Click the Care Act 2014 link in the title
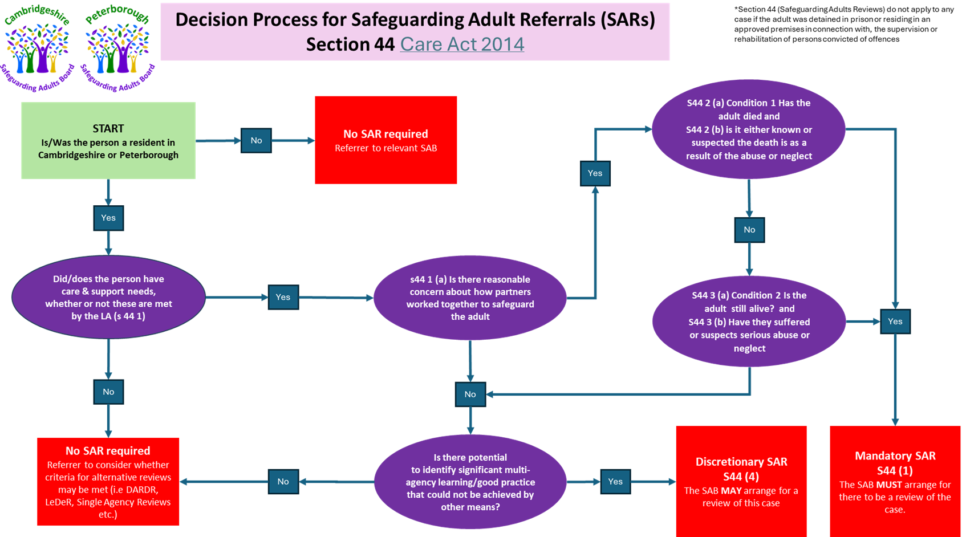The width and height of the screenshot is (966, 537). click(462, 44)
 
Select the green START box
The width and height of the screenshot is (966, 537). click(108, 141)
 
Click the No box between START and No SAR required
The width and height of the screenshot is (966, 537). click(256, 140)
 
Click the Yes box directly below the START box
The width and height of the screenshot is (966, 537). click(108, 218)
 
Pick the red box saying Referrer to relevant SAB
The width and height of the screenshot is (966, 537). click(385, 140)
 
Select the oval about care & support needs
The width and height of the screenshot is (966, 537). click(108, 298)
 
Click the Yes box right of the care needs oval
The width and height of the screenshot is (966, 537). click(283, 297)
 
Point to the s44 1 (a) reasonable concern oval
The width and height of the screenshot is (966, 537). click(470, 298)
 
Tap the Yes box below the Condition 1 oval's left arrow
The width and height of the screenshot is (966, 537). click(595, 173)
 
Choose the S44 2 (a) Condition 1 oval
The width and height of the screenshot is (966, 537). click(749, 129)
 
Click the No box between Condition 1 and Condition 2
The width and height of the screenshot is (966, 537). click(749, 230)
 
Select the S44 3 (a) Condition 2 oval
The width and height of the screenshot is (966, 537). click(749, 322)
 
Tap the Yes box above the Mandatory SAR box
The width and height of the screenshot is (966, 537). click(895, 322)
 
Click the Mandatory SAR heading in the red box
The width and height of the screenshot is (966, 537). click(895, 456)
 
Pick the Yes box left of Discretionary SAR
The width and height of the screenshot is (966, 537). click(615, 482)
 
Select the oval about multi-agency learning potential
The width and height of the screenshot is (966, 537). click(470, 482)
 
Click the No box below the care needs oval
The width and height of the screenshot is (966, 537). click(108, 392)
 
